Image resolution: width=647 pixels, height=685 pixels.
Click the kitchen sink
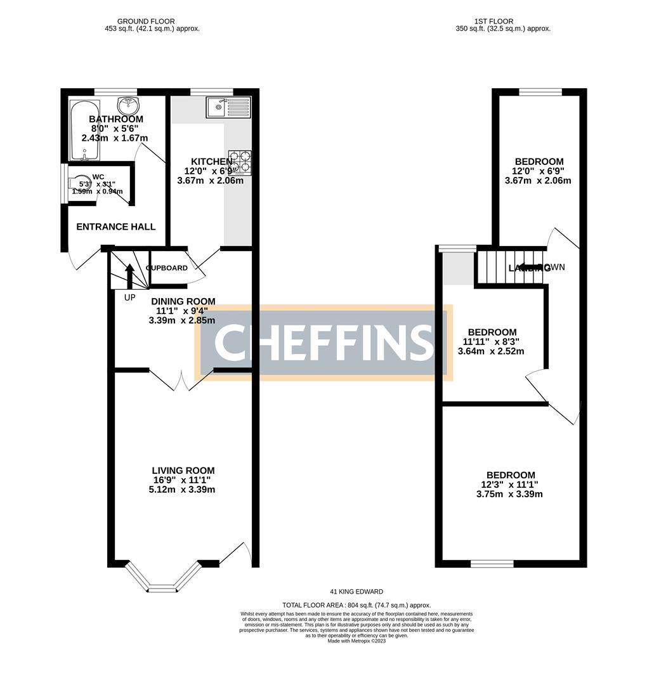pyautogui.click(x=228, y=107)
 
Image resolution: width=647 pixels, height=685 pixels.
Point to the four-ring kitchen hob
pyautogui.click(x=240, y=162)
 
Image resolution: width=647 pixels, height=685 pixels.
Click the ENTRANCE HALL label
pyautogui.click(x=116, y=227)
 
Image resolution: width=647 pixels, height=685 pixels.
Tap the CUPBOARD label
pyautogui.click(x=167, y=268)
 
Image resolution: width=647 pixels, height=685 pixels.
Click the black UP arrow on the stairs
pyautogui.click(x=130, y=275)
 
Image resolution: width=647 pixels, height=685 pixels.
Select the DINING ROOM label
pyautogui.click(x=183, y=301)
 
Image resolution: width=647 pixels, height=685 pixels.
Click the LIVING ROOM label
pyautogui.click(x=183, y=471)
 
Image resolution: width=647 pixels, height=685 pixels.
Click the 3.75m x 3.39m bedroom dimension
pyautogui.click(x=510, y=495)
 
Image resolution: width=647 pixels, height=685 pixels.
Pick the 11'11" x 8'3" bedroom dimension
pyautogui.click(x=492, y=342)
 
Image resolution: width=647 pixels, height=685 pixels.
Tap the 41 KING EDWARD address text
pyautogui.click(x=356, y=592)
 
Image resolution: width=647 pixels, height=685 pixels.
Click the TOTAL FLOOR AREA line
pyautogui.click(x=356, y=606)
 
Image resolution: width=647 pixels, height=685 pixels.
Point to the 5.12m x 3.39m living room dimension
pyautogui.click(x=183, y=490)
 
